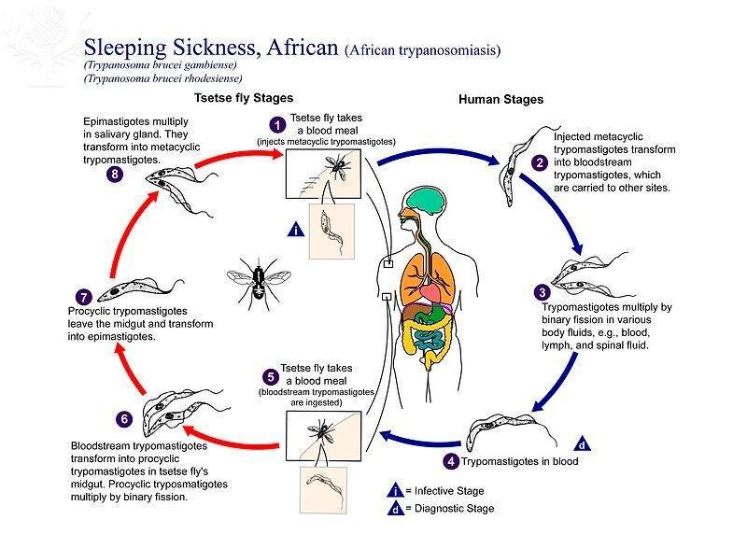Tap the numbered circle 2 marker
click(539, 161)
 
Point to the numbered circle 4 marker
click(452, 460)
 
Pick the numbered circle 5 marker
click(270, 377)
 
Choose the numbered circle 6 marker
click(124, 417)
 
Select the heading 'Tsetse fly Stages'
click(244, 98)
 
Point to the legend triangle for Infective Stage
click(397, 490)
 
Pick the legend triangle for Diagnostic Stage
click(397, 509)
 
